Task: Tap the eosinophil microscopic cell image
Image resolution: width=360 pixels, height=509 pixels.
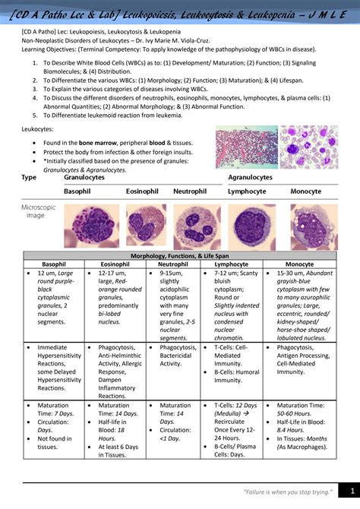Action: tap(141, 226)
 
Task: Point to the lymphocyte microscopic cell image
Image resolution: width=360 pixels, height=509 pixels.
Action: tap(250, 226)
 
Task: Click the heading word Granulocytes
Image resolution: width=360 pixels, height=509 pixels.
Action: tap(84, 177)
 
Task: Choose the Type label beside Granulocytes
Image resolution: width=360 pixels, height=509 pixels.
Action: tap(29, 177)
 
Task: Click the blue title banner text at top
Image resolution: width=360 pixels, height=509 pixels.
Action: tap(180, 13)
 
